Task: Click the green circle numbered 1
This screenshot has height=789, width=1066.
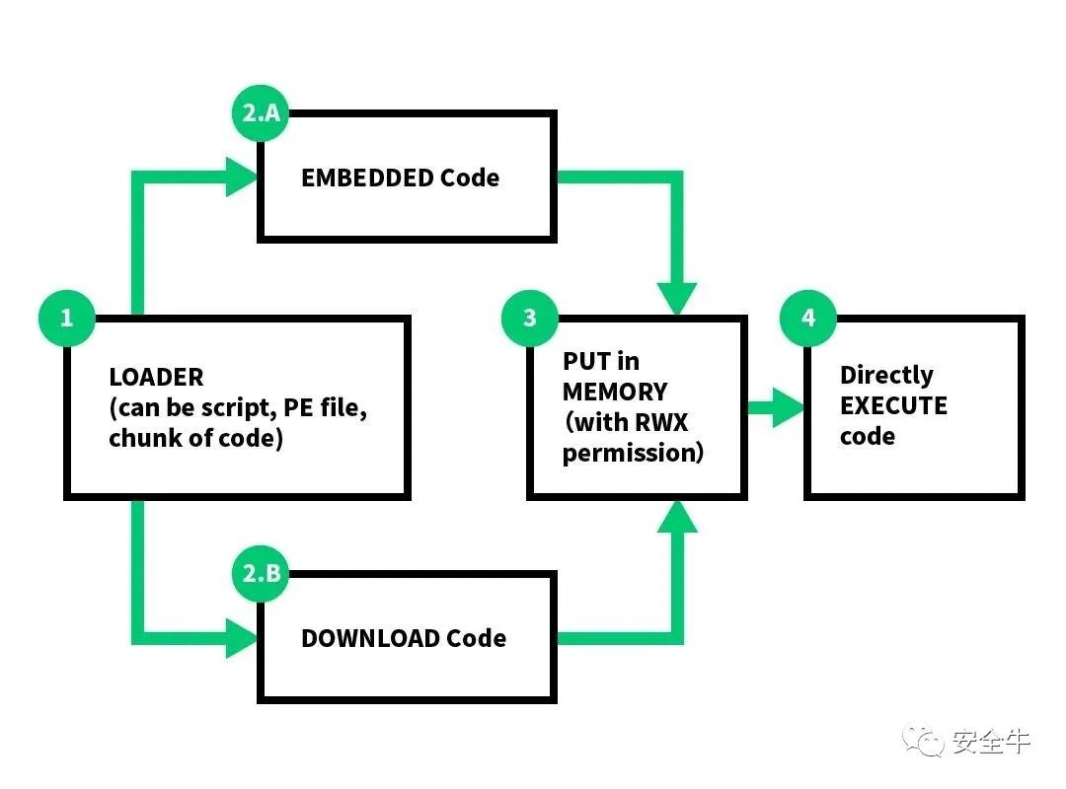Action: (x=67, y=318)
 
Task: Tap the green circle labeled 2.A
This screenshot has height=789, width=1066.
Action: (x=262, y=113)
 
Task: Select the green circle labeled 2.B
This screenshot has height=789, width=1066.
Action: (x=262, y=572)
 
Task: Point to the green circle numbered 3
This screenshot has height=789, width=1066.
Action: (x=530, y=318)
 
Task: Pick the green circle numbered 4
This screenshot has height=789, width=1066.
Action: (x=808, y=318)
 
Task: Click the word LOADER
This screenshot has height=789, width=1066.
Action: (x=156, y=377)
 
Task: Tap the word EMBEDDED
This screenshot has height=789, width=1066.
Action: (x=367, y=179)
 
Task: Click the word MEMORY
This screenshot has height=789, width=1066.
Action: (x=615, y=392)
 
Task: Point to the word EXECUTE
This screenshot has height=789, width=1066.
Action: (x=893, y=405)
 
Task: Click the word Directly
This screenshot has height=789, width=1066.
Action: (x=886, y=375)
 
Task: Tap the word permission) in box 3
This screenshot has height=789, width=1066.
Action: (x=633, y=453)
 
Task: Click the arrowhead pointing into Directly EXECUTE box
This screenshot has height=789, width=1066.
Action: (x=788, y=406)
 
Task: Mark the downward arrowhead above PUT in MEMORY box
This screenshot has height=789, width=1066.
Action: (x=676, y=298)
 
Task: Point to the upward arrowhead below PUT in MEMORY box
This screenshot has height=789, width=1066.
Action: (x=676, y=516)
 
